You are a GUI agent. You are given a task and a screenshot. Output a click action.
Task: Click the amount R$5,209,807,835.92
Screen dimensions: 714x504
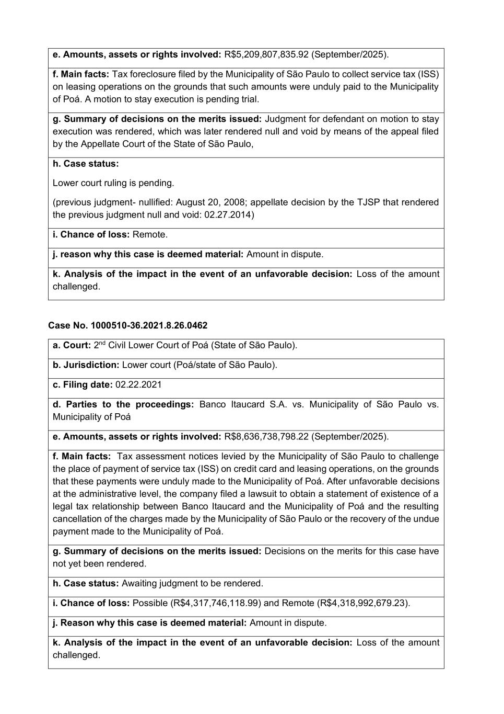(266, 54)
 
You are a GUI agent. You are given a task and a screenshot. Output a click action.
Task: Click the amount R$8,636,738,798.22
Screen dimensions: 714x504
(266, 437)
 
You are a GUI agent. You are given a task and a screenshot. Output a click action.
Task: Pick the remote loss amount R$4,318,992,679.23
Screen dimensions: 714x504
(362, 603)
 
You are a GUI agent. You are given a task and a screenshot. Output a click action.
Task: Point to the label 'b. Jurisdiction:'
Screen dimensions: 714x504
(86, 365)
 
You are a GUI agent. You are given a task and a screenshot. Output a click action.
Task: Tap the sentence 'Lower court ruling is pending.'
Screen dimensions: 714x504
(113, 183)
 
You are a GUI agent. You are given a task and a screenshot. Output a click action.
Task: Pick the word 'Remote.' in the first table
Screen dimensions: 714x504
(150, 235)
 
